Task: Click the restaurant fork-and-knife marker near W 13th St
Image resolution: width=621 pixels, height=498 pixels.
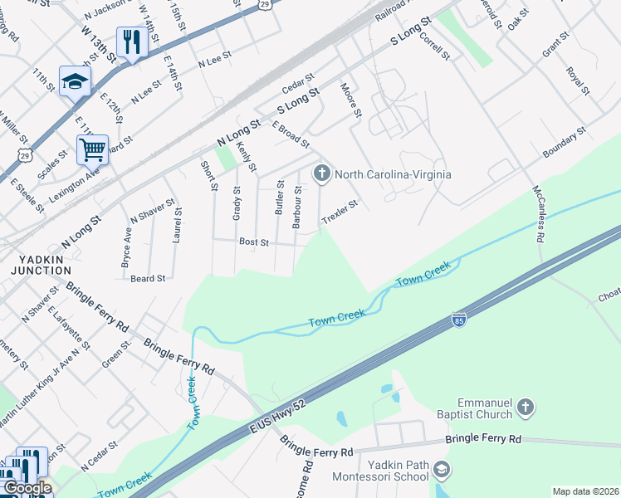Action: pos(131,41)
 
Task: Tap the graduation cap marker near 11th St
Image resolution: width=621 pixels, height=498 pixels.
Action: pos(75,81)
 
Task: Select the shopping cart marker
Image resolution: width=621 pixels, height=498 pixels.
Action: pos(92,150)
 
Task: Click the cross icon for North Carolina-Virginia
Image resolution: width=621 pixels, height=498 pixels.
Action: pos(321,174)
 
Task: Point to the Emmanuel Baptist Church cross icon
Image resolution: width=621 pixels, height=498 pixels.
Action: pos(524,407)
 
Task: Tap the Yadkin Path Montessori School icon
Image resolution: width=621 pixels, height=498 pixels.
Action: pos(442,471)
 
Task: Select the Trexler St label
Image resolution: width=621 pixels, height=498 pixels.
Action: pos(340,212)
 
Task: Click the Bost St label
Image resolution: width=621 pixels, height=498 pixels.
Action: pos(253,242)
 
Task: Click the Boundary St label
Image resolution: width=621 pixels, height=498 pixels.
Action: pos(565,144)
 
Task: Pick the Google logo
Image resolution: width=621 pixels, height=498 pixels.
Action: pos(27,488)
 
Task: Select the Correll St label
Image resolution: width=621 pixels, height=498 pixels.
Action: pos(433,46)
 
